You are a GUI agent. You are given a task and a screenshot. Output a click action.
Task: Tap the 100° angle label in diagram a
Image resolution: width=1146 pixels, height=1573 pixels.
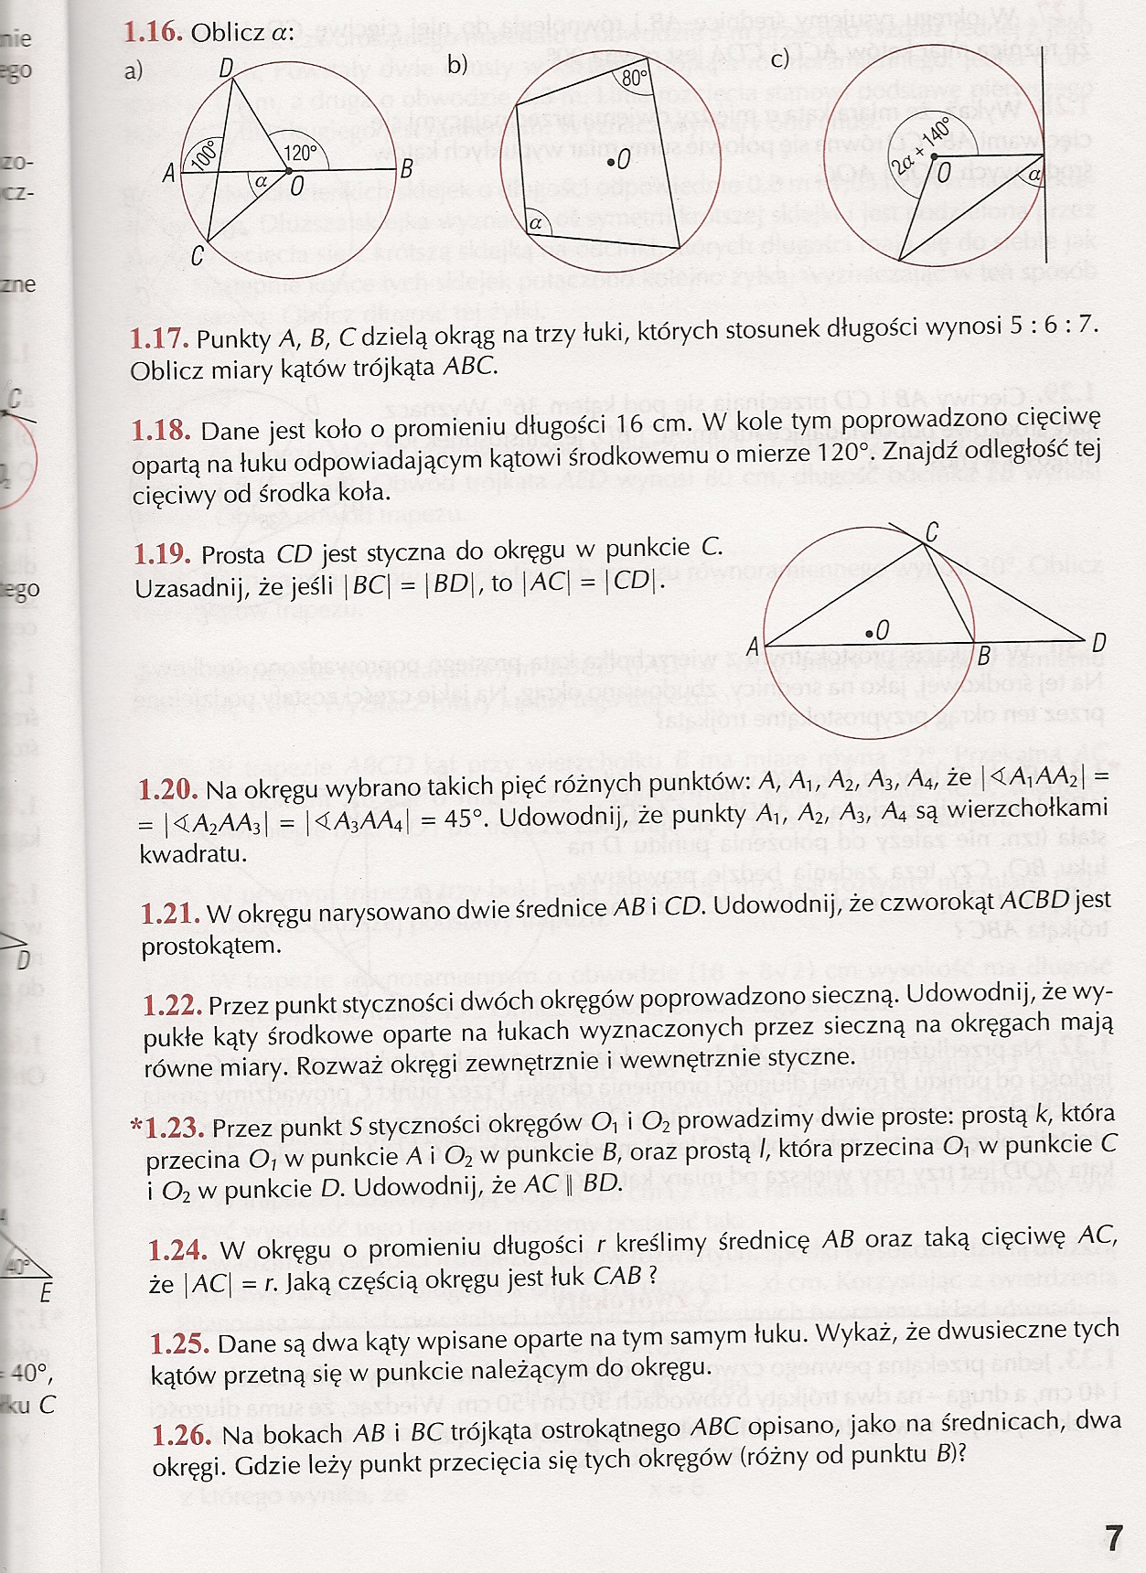pyautogui.click(x=204, y=155)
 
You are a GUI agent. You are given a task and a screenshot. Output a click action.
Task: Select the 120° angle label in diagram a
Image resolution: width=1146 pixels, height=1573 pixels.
pyautogui.click(x=300, y=153)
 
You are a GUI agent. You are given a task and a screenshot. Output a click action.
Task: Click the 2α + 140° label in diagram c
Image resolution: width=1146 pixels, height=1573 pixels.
pyautogui.click(x=921, y=145)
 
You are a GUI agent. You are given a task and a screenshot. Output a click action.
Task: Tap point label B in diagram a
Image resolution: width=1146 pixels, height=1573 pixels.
pyautogui.click(x=406, y=170)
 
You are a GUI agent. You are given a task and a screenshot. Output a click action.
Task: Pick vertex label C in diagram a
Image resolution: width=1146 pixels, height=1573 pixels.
pyautogui.click(x=197, y=257)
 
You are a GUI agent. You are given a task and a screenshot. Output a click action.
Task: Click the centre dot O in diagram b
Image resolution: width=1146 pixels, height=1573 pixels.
pyautogui.click(x=610, y=163)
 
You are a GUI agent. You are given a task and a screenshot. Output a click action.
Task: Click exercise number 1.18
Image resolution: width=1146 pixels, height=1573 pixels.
pyautogui.click(x=160, y=431)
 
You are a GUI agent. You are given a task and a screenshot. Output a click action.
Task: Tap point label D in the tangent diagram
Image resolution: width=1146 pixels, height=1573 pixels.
pyautogui.click(x=1098, y=643)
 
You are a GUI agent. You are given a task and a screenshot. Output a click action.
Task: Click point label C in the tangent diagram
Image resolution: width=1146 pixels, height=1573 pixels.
pyautogui.click(x=932, y=531)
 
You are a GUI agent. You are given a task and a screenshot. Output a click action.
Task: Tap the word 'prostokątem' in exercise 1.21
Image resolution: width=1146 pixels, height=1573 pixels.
pyautogui.click(x=211, y=945)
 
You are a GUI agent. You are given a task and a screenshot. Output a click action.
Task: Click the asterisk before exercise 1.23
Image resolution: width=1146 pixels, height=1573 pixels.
pyautogui.click(x=137, y=1126)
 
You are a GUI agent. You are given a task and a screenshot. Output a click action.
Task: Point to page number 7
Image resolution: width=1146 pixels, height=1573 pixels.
pyautogui.click(x=1112, y=1538)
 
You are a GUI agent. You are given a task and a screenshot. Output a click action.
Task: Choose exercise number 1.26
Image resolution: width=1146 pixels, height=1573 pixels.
pyautogui.click(x=181, y=1435)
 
